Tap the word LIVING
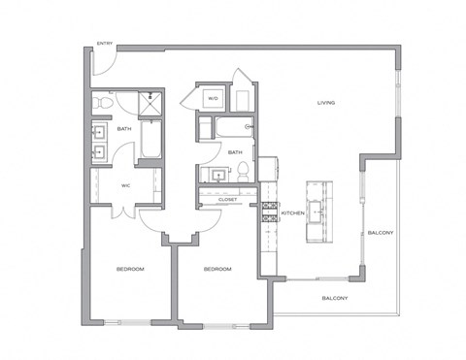[326, 103]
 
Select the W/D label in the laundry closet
[213, 99]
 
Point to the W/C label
[125, 185]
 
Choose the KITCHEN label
[293, 213]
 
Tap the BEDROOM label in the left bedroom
[131, 268]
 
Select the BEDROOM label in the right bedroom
[216, 268]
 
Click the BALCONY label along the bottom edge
[335, 298]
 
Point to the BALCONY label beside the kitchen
[380, 233]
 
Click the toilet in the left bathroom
[101, 100]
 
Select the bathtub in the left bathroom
[150, 140]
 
